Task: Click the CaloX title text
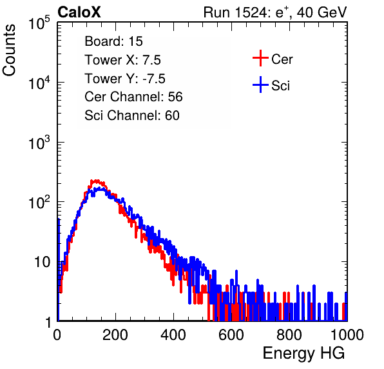[x=79, y=12]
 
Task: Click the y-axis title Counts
[x=9, y=50]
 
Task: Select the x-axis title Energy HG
[x=303, y=354]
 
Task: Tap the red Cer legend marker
[x=260, y=58]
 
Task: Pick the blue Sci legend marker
[x=260, y=85]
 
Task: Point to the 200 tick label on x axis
[x=115, y=335]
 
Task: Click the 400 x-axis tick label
[x=173, y=335]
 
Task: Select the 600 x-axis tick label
[x=231, y=335]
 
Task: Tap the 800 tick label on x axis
[x=289, y=335]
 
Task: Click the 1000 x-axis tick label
[x=347, y=335]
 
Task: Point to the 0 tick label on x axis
[x=57, y=335]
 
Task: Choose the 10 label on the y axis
[x=42, y=262]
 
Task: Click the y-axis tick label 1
[x=48, y=322]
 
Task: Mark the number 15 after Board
[x=135, y=41]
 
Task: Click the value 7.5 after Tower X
[x=151, y=60]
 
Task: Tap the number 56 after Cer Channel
[x=175, y=97]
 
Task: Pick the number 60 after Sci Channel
[x=172, y=115]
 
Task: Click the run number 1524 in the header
[x=250, y=12]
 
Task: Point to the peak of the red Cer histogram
[x=96, y=181]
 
